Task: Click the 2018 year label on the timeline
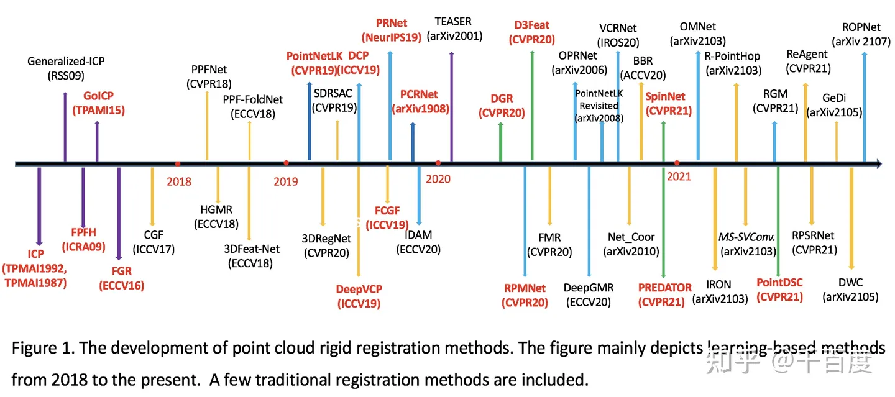coord(179,181)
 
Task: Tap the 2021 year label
coord(679,176)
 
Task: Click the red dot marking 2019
coord(286,163)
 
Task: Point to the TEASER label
coord(453,22)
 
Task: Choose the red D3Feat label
coord(532,25)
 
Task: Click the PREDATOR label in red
coord(664,288)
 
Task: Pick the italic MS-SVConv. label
coord(746,237)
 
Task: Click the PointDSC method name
coord(779,283)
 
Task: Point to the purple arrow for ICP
coord(39,205)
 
